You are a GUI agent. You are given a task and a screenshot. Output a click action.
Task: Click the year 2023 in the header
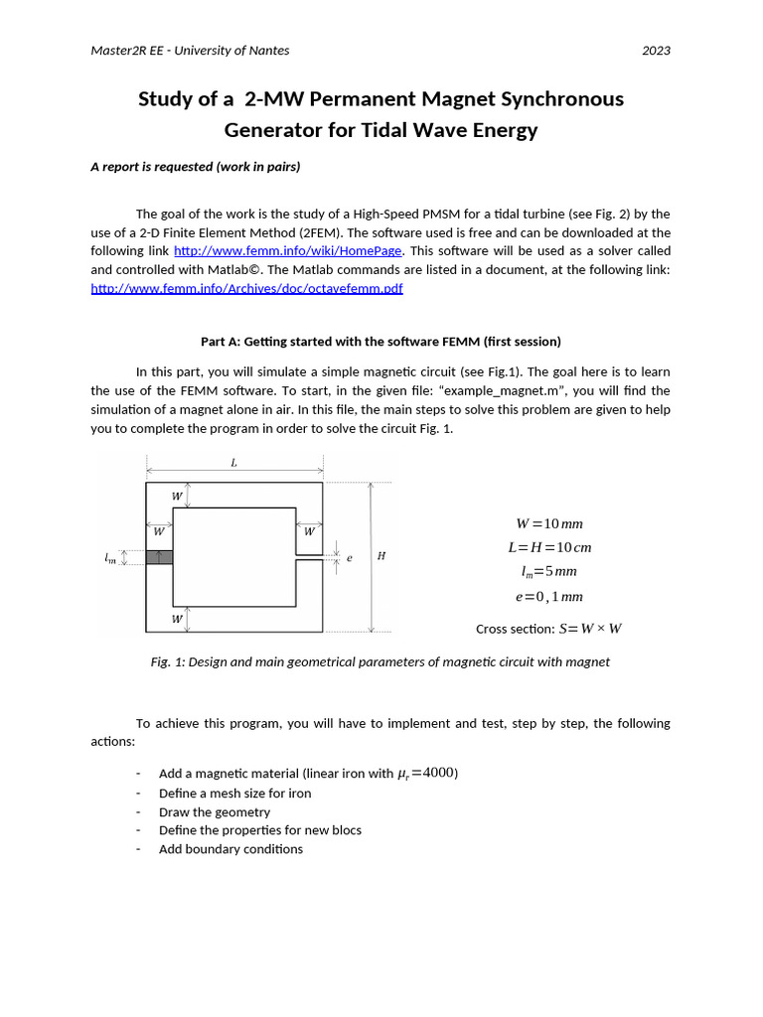click(x=656, y=51)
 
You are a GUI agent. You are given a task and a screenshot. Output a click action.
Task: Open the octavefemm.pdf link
click(x=246, y=288)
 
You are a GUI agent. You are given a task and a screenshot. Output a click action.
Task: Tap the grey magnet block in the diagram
click(x=159, y=557)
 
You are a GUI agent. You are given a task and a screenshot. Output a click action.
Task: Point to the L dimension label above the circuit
click(x=233, y=463)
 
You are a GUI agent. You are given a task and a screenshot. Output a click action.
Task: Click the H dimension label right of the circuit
click(x=381, y=556)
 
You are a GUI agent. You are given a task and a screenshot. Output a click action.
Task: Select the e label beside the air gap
click(x=349, y=558)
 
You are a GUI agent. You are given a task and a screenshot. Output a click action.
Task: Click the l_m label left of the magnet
click(x=110, y=559)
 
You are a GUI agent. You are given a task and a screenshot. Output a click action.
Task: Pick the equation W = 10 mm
click(x=549, y=523)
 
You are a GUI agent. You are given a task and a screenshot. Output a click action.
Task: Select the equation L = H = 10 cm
click(x=549, y=547)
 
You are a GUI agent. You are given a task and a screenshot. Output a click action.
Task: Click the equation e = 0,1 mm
click(x=549, y=596)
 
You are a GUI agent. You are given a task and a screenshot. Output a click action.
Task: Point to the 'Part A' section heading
click(x=381, y=342)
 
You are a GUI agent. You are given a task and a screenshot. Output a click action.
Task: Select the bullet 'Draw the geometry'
click(x=215, y=811)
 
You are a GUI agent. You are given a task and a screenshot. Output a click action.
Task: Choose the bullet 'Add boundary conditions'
click(x=230, y=848)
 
